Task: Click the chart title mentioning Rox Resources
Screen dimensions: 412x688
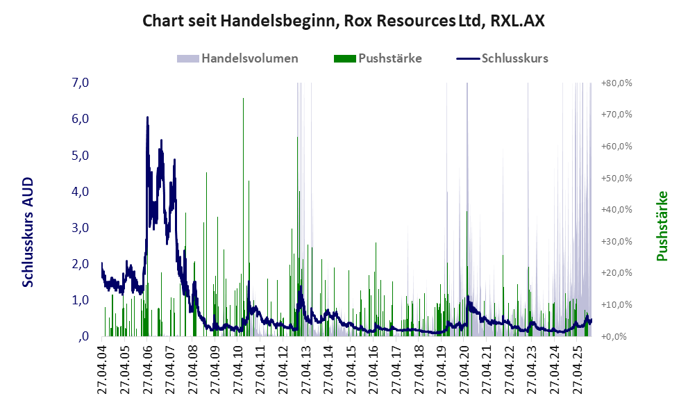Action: pos(343,21)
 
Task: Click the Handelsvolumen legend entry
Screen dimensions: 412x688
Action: pos(249,58)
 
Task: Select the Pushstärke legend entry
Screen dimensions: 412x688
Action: pos(389,58)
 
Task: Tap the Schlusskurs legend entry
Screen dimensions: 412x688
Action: pos(514,58)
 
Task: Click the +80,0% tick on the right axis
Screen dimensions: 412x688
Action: pos(616,83)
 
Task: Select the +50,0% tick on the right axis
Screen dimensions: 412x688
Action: pos(616,178)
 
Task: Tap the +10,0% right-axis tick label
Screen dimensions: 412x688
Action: pos(616,305)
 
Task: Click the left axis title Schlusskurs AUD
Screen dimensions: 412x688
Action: pos(28,232)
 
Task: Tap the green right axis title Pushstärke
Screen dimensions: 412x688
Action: pos(662,226)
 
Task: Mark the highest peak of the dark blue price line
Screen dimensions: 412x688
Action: pos(147,117)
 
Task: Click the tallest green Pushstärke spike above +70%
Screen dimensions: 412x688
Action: pos(243,99)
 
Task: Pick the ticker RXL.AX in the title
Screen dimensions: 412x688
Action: pos(517,21)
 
